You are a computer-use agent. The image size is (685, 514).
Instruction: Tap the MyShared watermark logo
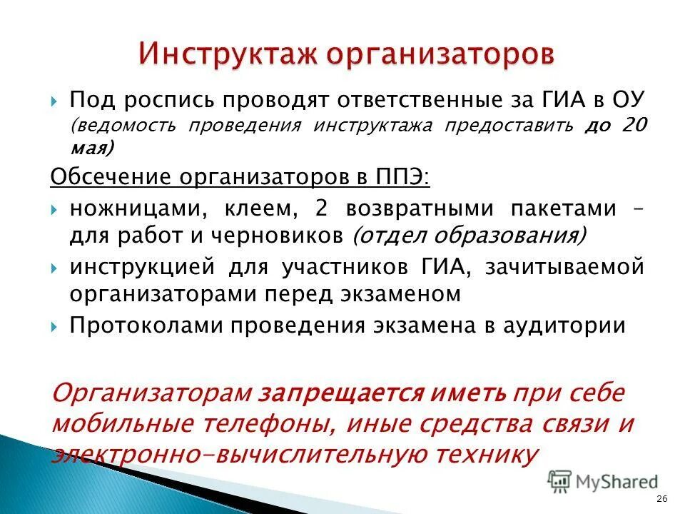click(x=603, y=482)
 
